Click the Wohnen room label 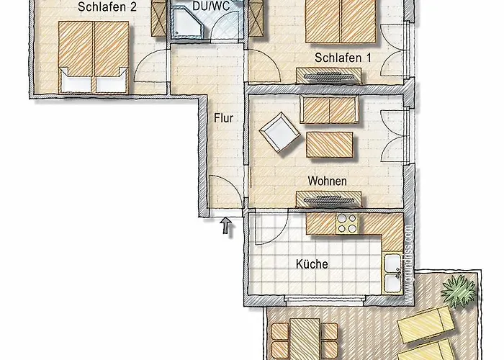coord(327,181)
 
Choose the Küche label coord(312,264)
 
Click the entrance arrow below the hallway coord(227,227)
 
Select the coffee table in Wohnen coord(330,143)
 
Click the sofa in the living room coord(329,110)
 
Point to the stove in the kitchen coord(346,223)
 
